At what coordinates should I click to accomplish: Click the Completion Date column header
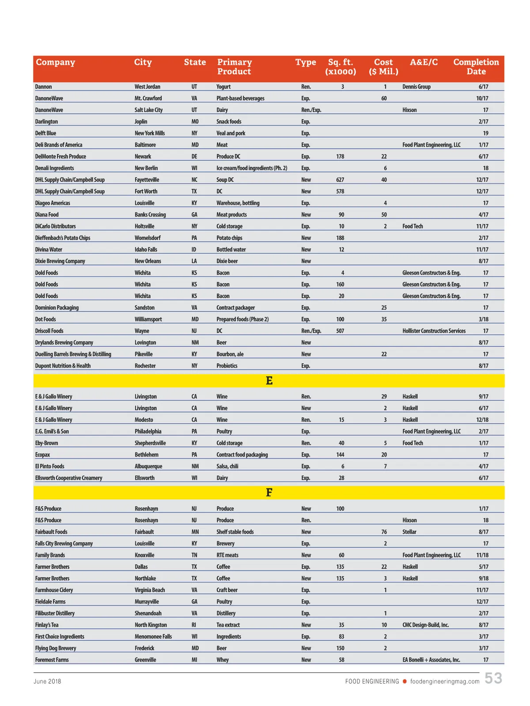click(x=476, y=67)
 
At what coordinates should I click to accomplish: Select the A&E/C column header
click(x=424, y=62)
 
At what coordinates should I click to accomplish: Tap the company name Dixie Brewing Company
click(x=60, y=261)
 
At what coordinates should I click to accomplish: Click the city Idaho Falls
click(x=146, y=250)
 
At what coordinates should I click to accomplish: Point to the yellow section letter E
click(x=269, y=381)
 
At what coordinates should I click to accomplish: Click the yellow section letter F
click(x=269, y=492)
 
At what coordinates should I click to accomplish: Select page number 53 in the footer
click(x=493, y=679)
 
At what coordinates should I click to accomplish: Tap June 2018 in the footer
click(x=47, y=682)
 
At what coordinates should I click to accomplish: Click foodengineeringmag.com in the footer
click(x=444, y=682)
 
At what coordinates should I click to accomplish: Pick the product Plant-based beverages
click(x=240, y=98)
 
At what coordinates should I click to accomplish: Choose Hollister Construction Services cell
click(x=434, y=331)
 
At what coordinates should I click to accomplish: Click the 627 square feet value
click(x=340, y=180)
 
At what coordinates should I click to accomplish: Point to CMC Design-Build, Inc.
click(x=425, y=625)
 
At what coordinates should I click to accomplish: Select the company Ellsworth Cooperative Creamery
click(x=68, y=478)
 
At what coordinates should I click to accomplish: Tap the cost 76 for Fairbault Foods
click(x=384, y=532)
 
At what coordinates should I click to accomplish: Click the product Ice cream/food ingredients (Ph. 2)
click(x=252, y=168)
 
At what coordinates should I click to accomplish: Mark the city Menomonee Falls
click(x=153, y=637)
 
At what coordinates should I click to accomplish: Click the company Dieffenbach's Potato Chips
click(x=63, y=238)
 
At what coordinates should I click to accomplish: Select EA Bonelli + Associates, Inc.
click(x=431, y=660)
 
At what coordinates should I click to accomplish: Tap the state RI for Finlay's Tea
click(x=194, y=625)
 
